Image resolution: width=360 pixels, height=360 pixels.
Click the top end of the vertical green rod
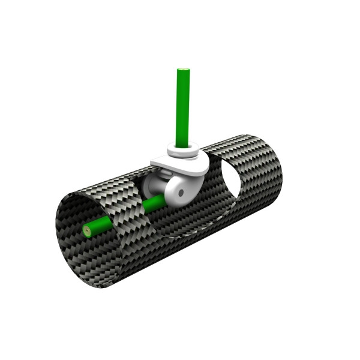183,71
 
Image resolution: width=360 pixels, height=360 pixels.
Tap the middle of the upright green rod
183,108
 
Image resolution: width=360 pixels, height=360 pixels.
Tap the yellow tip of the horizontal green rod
88,230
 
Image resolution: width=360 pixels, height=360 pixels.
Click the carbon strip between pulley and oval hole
212,180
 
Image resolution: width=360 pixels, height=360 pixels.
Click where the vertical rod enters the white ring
183,144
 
